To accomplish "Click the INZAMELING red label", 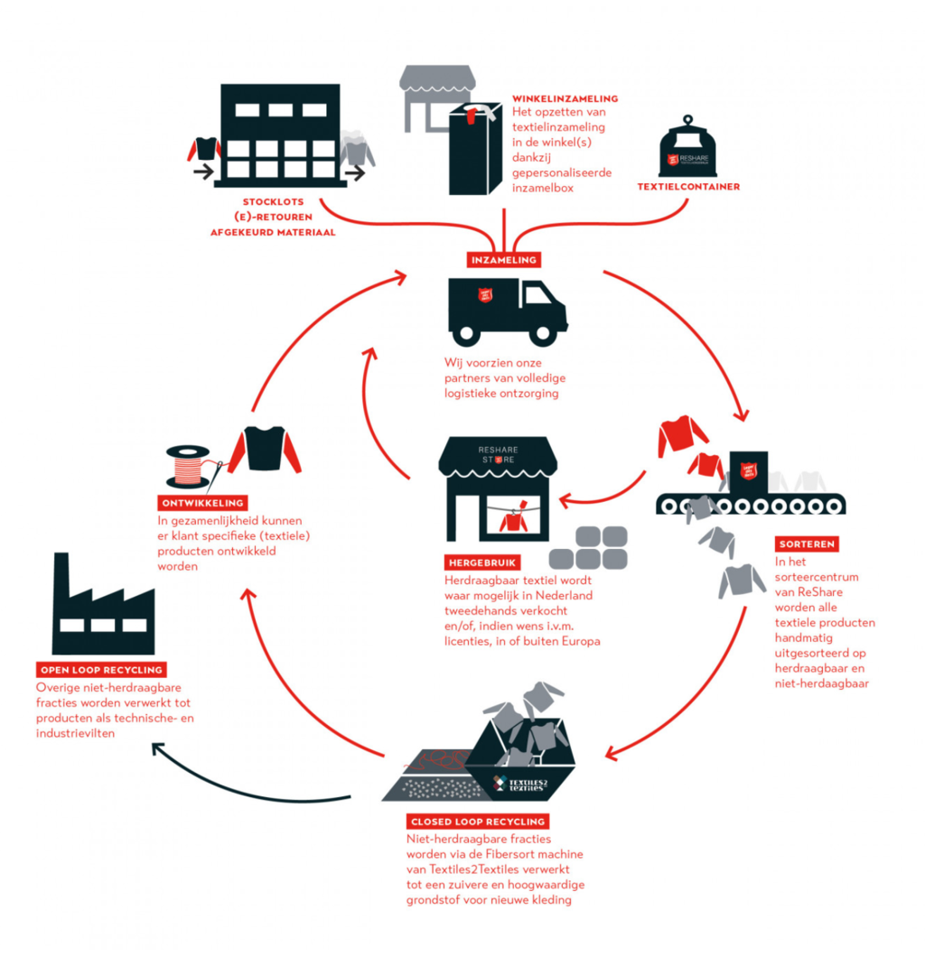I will click(504, 260).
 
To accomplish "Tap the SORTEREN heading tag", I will click(806, 544).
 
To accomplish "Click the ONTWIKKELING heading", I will click(202, 503).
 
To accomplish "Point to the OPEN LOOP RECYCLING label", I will click(101, 670).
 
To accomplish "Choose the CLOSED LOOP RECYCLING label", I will click(477, 822).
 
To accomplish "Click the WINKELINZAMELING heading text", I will click(565, 98).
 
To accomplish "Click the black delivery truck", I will click(507, 311).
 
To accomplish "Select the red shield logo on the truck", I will click(486, 295).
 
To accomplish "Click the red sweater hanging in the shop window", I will click(513, 518).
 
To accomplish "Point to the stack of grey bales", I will click(588, 547).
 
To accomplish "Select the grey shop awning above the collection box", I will click(437, 79).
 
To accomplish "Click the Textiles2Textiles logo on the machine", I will click(521, 781).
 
